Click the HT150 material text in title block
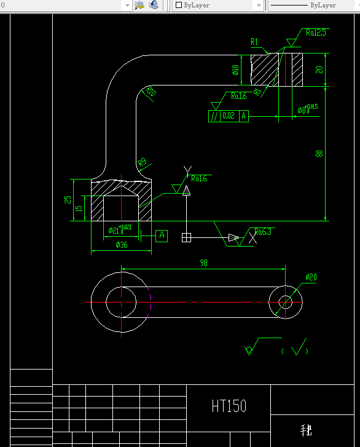(229, 406)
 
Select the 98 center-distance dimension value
(203, 263)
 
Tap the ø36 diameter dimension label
(121, 245)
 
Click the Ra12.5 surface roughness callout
(316, 33)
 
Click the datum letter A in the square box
(162, 235)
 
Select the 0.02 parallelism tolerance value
(229, 116)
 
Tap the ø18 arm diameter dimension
(235, 70)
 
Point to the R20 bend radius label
(151, 93)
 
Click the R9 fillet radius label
(142, 162)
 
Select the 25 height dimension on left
(69, 199)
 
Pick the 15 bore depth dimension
(79, 209)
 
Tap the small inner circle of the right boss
(286, 302)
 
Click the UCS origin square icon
(187, 237)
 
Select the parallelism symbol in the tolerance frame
(214, 116)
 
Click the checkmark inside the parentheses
(298, 350)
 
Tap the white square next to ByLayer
(179, 5)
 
